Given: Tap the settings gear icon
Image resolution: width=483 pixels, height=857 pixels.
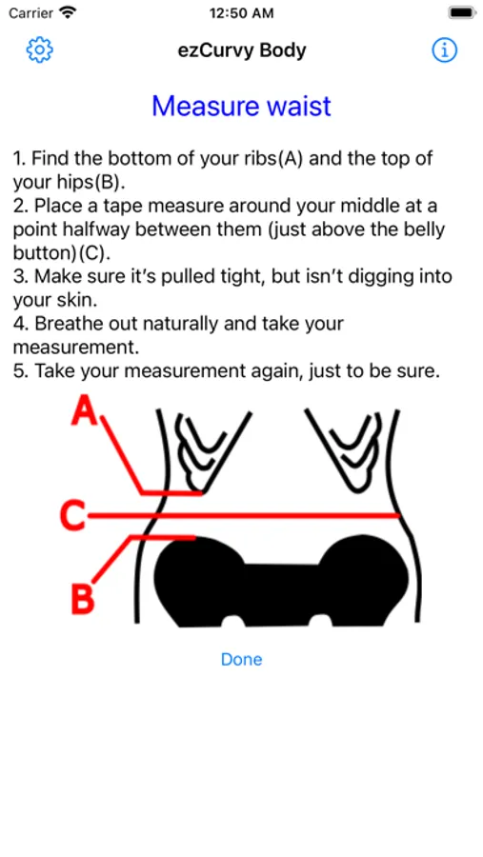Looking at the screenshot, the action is point(40,50).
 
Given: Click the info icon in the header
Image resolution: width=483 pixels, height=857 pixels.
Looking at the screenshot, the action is point(444,50).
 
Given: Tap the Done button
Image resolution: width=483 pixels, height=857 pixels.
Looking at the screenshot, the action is point(241,659).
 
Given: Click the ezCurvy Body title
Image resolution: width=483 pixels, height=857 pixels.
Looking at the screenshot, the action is point(242,50).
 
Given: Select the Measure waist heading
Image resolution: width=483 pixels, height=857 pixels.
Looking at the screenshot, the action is point(241,106).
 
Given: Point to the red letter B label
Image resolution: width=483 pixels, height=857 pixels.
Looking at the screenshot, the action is point(83,599).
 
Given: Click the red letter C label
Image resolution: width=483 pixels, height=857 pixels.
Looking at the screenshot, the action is point(72,515).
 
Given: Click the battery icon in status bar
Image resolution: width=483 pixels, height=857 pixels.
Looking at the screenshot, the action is point(462,13).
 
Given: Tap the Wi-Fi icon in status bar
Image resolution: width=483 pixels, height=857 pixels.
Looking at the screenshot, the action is point(68,12).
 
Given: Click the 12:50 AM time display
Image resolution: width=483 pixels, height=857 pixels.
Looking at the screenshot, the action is point(241,13).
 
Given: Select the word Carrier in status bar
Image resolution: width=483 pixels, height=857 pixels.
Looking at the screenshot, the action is point(31,13).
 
